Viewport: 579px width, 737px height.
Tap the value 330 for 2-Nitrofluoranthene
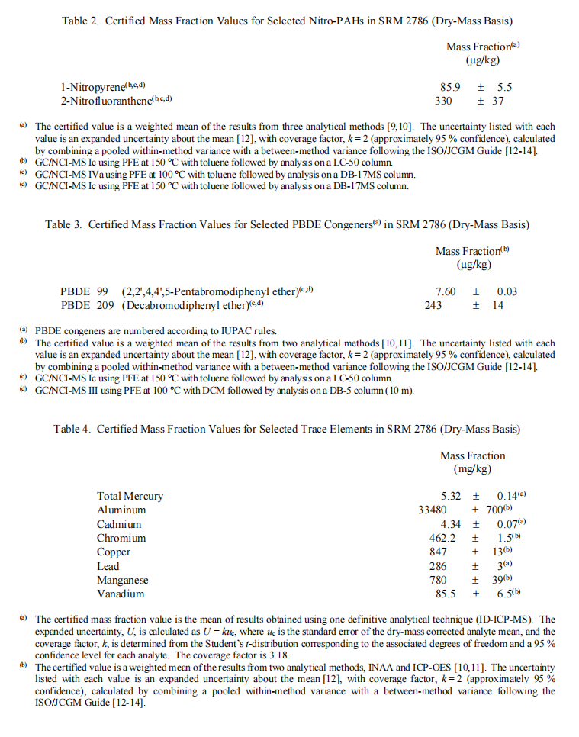[x=443, y=101]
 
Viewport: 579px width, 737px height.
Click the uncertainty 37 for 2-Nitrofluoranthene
[x=497, y=101]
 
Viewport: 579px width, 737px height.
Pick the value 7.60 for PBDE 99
[x=446, y=292]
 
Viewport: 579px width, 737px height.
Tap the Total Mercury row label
[x=130, y=497]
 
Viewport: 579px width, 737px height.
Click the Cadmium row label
[x=119, y=524]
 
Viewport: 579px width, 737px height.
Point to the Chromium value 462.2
[x=443, y=538]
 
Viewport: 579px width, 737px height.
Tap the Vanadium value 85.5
[x=446, y=594]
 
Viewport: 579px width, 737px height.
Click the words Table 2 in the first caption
[x=80, y=20]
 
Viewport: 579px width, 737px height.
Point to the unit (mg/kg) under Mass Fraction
[x=472, y=468]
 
